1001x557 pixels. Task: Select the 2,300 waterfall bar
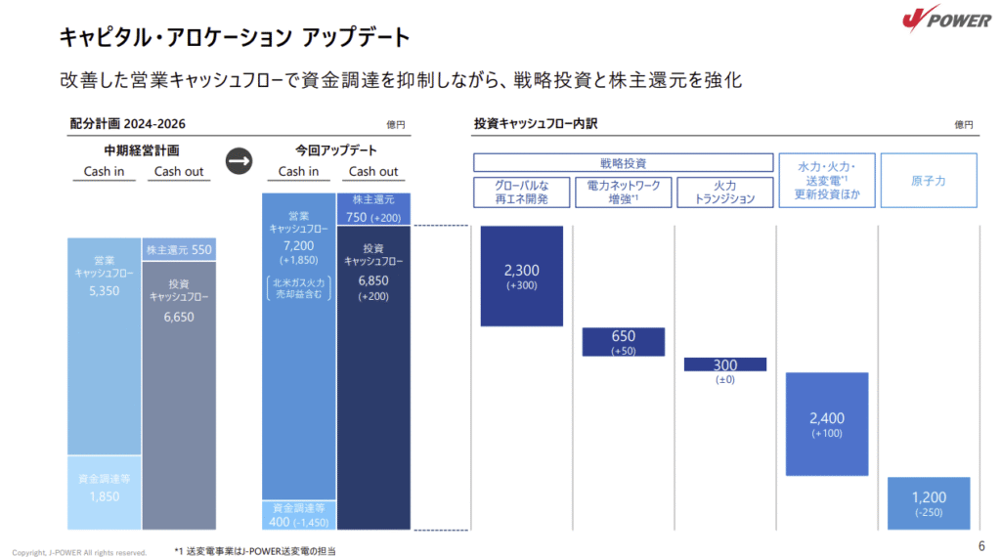click(x=522, y=276)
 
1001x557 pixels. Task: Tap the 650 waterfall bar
click(x=623, y=341)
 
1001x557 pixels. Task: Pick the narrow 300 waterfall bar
click(x=725, y=364)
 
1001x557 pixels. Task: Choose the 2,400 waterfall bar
click(x=826, y=423)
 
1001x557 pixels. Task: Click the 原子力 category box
click(x=928, y=181)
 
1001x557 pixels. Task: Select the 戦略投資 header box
click(x=623, y=163)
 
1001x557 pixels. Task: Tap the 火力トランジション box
click(x=724, y=192)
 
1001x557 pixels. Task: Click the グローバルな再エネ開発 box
click(x=521, y=192)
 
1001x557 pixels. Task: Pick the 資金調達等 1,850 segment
click(x=104, y=492)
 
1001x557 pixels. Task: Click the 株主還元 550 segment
click(x=179, y=249)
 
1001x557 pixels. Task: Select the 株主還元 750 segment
click(x=373, y=209)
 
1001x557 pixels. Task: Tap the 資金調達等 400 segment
click(x=298, y=515)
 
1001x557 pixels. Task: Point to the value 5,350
click(x=104, y=290)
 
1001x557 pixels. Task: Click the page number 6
click(x=980, y=544)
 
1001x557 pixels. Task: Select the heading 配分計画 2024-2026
click(x=128, y=124)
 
